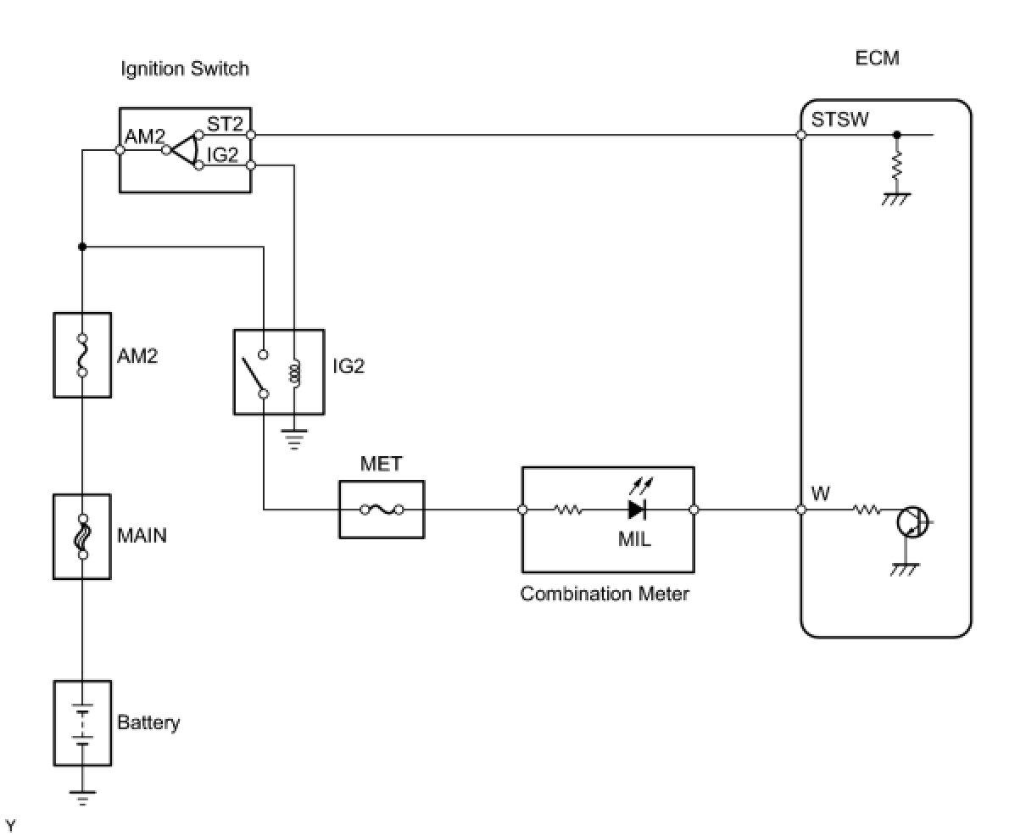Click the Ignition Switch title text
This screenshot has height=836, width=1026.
pyautogui.click(x=185, y=69)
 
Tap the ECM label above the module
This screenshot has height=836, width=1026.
pyautogui.click(x=877, y=59)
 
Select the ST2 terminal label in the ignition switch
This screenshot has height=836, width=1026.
pyautogui.click(x=225, y=124)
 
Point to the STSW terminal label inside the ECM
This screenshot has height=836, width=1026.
pyautogui.click(x=839, y=120)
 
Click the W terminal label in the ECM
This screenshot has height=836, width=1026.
pyautogui.click(x=821, y=493)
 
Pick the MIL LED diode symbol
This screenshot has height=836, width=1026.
pyautogui.click(x=637, y=510)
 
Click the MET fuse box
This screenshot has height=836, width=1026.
pyautogui.click(x=382, y=510)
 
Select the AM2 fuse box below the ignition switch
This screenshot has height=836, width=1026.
pyautogui.click(x=82, y=355)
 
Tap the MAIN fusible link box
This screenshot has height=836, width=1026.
pyautogui.click(x=82, y=537)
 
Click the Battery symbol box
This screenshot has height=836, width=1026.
pyautogui.click(x=82, y=722)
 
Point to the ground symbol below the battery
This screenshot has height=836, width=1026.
pyautogui.click(x=82, y=797)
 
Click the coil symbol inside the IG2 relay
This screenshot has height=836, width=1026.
pyautogui.click(x=294, y=374)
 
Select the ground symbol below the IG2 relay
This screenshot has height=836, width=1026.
pyautogui.click(x=294, y=440)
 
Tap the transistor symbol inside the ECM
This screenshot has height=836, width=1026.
pyautogui.click(x=912, y=521)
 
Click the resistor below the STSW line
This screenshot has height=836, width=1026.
pyautogui.click(x=896, y=164)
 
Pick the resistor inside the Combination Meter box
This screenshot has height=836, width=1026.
pyautogui.click(x=568, y=510)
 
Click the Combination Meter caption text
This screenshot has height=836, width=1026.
pyautogui.click(x=604, y=594)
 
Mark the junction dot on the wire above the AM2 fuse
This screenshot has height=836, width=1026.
pyautogui.click(x=82, y=247)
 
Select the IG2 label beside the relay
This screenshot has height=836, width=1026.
pyautogui.click(x=349, y=366)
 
